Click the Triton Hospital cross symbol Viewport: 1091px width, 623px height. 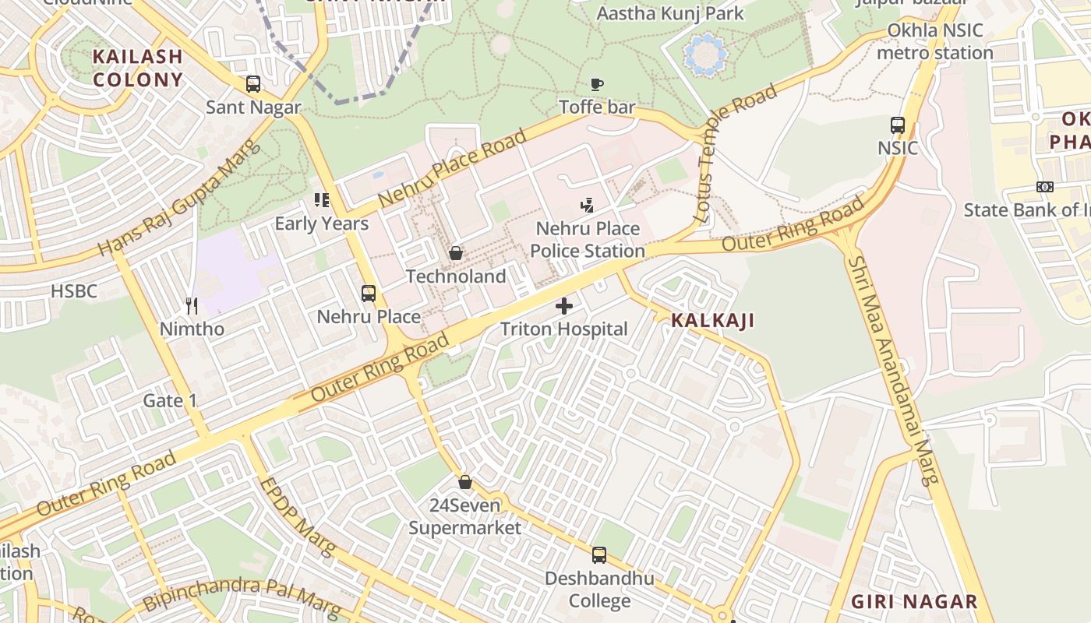pyautogui.click(x=563, y=306)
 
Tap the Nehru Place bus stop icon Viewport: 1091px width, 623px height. pyautogui.click(x=369, y=294)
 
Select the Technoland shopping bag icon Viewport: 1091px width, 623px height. pyautogui.click(x=456, y=253)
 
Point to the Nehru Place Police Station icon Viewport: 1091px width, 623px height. pyautogui.click(x=588, y=206)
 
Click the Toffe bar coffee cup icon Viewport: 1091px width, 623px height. pyautogui.click(x=597, y=83)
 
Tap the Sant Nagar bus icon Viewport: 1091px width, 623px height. pyautogui.click(x=253, y=83)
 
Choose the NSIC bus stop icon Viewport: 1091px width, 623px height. pyautogui.click(x=898, y=125)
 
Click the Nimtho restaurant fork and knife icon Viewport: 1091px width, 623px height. pyautogui.click(x=192, y=305)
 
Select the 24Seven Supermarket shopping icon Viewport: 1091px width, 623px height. pyautogui.click(x=465, y=482)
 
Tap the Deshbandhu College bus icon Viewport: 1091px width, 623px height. pyautogui.click(x=599, y=554)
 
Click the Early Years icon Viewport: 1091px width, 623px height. pyautogui.click(x=321, y=200)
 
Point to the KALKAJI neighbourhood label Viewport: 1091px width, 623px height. pyautogui.click(x=712, y=320)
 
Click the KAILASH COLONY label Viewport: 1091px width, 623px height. pyautogui.click(x=137, y=68)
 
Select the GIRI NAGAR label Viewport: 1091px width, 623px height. pyautogui.click(x=914, y=601)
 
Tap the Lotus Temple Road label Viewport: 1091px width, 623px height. pyautogui.click(x=736, y=152)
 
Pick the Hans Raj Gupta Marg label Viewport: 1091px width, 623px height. pyautogui.click(x=180, y=199)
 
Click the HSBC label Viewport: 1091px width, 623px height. pyautogui.click(x=74, y=291)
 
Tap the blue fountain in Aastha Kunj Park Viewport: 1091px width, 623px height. pyautogui.click(x=705, y=54)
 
